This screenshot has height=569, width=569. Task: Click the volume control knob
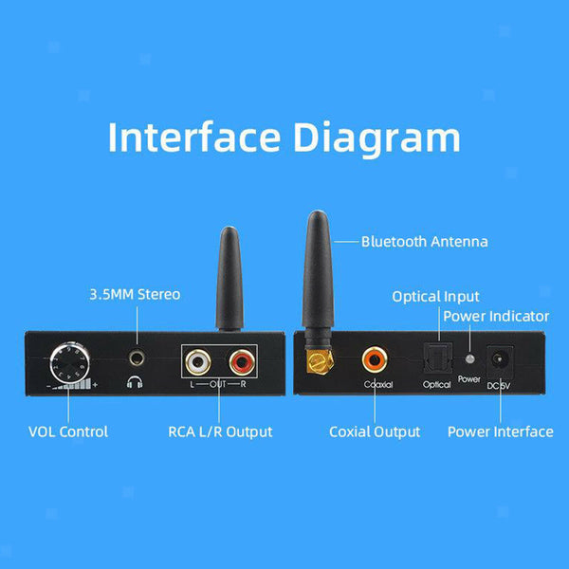click(69, 362)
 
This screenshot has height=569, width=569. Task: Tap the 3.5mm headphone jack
click(138, 358)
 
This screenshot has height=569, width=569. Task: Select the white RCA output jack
click(198, 362)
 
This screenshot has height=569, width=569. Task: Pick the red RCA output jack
click(242, 362)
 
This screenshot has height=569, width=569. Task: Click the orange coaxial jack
click(375, 359)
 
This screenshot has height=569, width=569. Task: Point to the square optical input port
click(438, 358)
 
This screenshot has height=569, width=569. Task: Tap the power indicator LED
click(469, 358)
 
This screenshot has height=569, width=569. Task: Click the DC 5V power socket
click(500, 360)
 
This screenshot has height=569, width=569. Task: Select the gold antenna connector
click(320, 362)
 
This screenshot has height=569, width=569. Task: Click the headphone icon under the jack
click(135, 382)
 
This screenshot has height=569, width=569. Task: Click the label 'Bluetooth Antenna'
click(424, 242)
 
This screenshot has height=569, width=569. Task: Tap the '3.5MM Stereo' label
click(135, 294)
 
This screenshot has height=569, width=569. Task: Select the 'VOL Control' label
click(68, 431)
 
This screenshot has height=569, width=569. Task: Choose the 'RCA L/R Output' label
click(220, 431)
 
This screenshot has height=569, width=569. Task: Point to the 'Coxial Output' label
click(375, 431)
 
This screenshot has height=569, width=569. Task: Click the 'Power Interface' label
click(501, 431)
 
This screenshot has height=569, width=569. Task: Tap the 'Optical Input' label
click(435, 297)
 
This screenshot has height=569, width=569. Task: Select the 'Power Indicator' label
click(496, 316)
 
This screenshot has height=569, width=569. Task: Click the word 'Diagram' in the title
click(376, 138)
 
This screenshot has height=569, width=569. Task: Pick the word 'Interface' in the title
click(194, 138)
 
